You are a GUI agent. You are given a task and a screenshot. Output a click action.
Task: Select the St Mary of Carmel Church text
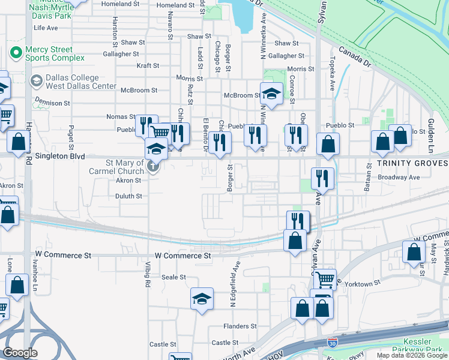tap(125, 167)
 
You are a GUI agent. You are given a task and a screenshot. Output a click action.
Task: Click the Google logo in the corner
tap(20, 353)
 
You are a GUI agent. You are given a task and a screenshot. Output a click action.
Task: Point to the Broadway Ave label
tap(399, 178)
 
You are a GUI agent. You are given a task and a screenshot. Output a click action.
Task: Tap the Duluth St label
tap(128, 196)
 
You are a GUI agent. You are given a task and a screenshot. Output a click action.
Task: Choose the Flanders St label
tap(240, 326)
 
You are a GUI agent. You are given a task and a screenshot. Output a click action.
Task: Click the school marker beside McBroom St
tap(271, 94)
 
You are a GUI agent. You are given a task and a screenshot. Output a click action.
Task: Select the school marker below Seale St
tap(202, 298)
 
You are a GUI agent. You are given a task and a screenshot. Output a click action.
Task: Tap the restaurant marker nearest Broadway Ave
tap(322, 178)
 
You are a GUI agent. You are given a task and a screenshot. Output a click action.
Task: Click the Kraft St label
tap(148, 66)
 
